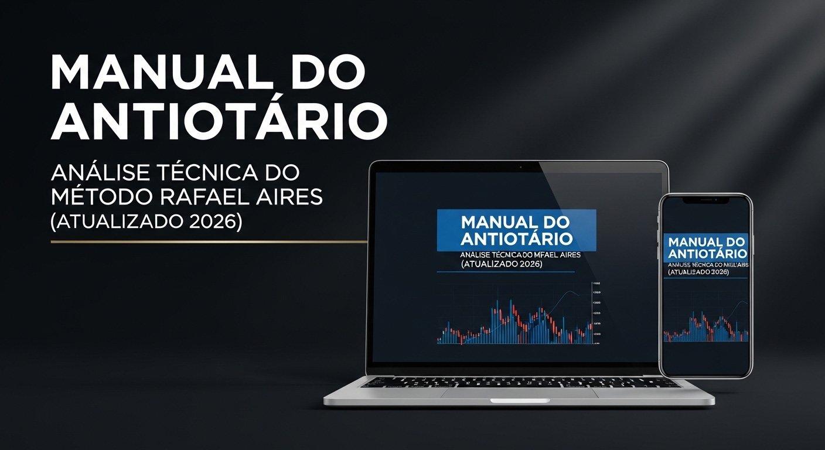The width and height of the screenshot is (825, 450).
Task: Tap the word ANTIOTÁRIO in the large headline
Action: [x=219, y=122]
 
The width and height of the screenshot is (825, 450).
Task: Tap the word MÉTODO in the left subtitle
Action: [x=101, y=197]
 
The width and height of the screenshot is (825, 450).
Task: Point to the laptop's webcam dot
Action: [x=519, y=167]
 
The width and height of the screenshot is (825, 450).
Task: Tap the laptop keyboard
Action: [x=519, y=382]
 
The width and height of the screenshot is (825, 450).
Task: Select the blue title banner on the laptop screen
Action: [x=516, y=230]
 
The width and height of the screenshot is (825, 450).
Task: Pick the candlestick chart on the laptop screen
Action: [x=516, y=322]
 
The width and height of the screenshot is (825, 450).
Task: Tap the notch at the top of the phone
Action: [x=705, y=199]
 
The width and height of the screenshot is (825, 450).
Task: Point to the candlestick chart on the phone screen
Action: [x=706, y=326]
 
